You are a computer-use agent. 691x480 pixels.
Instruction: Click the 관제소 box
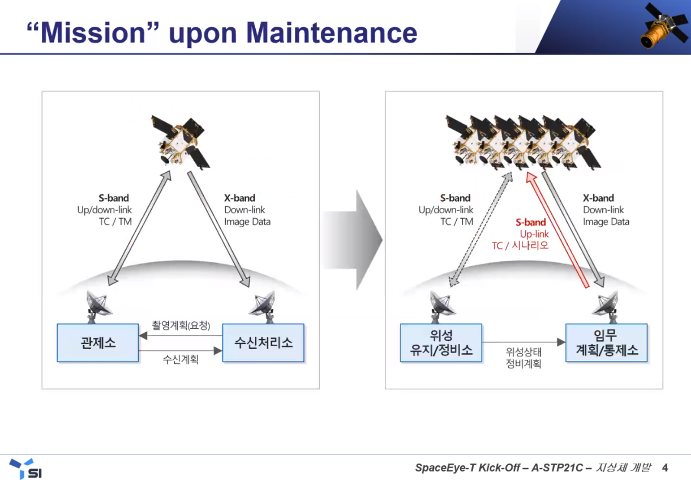pyautogui.click(x=98, y=343)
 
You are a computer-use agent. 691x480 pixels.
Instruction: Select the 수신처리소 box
pyautogui.click(x=263, y=343)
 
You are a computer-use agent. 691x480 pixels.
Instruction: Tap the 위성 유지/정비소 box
pyautogui.click(x=441, y=343)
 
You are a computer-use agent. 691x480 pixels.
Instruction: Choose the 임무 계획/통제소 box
pyautogui.click(x=607, y=343)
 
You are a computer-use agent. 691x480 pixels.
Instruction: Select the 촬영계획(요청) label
pyautogui.click(x=181, y=325)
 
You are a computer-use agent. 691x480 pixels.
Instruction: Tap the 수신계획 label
pyautogui.click(x=181, y=359)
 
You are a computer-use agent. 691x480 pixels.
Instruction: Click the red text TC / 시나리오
pyautogui.click(x=520, y=245)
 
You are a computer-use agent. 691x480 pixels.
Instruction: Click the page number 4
pyautogui.click(x=665, y=468)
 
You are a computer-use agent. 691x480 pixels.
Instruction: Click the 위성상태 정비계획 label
pyautogui.click(x=523, y=357)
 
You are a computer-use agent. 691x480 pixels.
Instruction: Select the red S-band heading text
pyautogui.click(x=530, y=222)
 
